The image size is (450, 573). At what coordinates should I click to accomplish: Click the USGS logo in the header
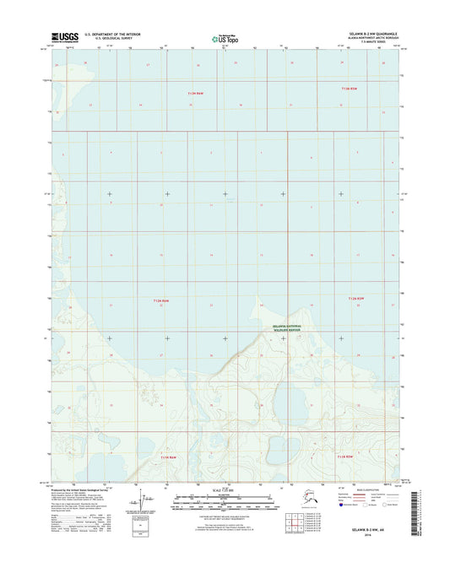point(65,36)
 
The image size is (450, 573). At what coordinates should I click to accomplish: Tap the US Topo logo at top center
point(223,37)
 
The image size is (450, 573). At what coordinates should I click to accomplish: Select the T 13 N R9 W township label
point(196,92)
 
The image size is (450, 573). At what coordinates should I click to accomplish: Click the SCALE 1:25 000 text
point(224,491)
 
